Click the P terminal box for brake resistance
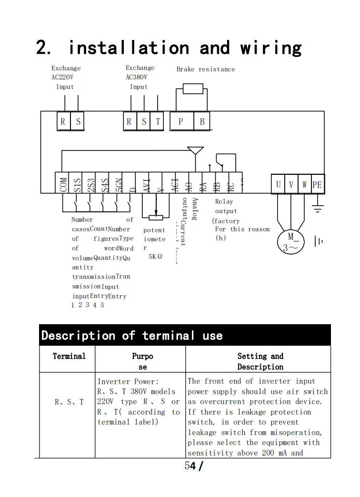(x=181, y=121)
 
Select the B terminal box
(x=202, y=121)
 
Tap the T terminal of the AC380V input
(x=158, y=121)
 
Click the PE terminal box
(x=317, y=184)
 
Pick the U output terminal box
(x=279, y=184)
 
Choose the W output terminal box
(x=304, y=184)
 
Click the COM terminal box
(x=63, y=183)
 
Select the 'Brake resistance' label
(x=205, y=70)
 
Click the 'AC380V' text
(x=137, y=77)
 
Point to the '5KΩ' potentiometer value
(x=155, y=256)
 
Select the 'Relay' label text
(x=224, y=201)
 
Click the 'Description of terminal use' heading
(x=132, y=336)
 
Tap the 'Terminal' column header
(x=69, y=356)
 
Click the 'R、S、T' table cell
(x=69, y=402)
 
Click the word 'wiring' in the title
(x=270, y=48)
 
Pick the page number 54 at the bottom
(x=190, y=466)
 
